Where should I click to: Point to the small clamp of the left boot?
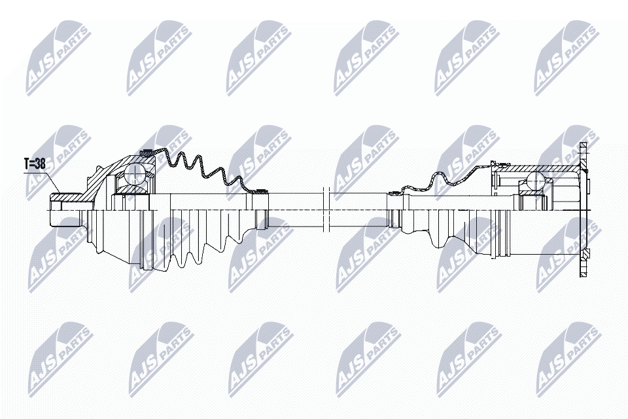pyautogui.click(x=261, y=192)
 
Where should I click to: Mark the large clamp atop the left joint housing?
pyautogui.click(x=148, y=153)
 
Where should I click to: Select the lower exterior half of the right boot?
pyautogui.click(x=458, y=239)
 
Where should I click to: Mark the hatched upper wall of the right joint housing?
pyautogui.click(x=536, y=169)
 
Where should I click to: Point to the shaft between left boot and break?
pyautogui.click(x=294, y=209)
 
